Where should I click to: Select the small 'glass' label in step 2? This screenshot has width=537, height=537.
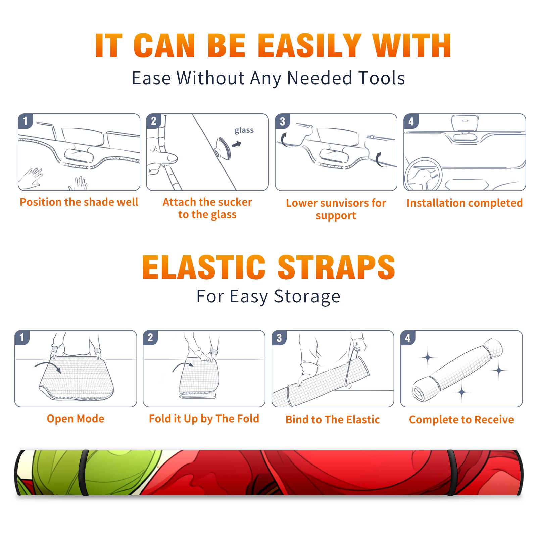click(244, 130)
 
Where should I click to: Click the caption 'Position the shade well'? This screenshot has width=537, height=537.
click(79, 202)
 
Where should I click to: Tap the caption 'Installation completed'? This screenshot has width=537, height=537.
click(465, 203)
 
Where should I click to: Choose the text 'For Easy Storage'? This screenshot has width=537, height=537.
click(268, 296)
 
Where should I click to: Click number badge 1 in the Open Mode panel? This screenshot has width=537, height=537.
click(22, 337)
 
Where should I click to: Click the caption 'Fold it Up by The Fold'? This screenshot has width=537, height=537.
click(204, 419)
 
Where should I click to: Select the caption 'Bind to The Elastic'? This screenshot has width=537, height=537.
click(333, 420)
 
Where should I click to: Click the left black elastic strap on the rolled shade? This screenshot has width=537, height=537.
click(84, 473)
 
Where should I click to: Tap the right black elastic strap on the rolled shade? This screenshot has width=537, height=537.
click(452, 473)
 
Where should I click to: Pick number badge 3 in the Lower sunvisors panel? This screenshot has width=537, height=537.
click(282, 121)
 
